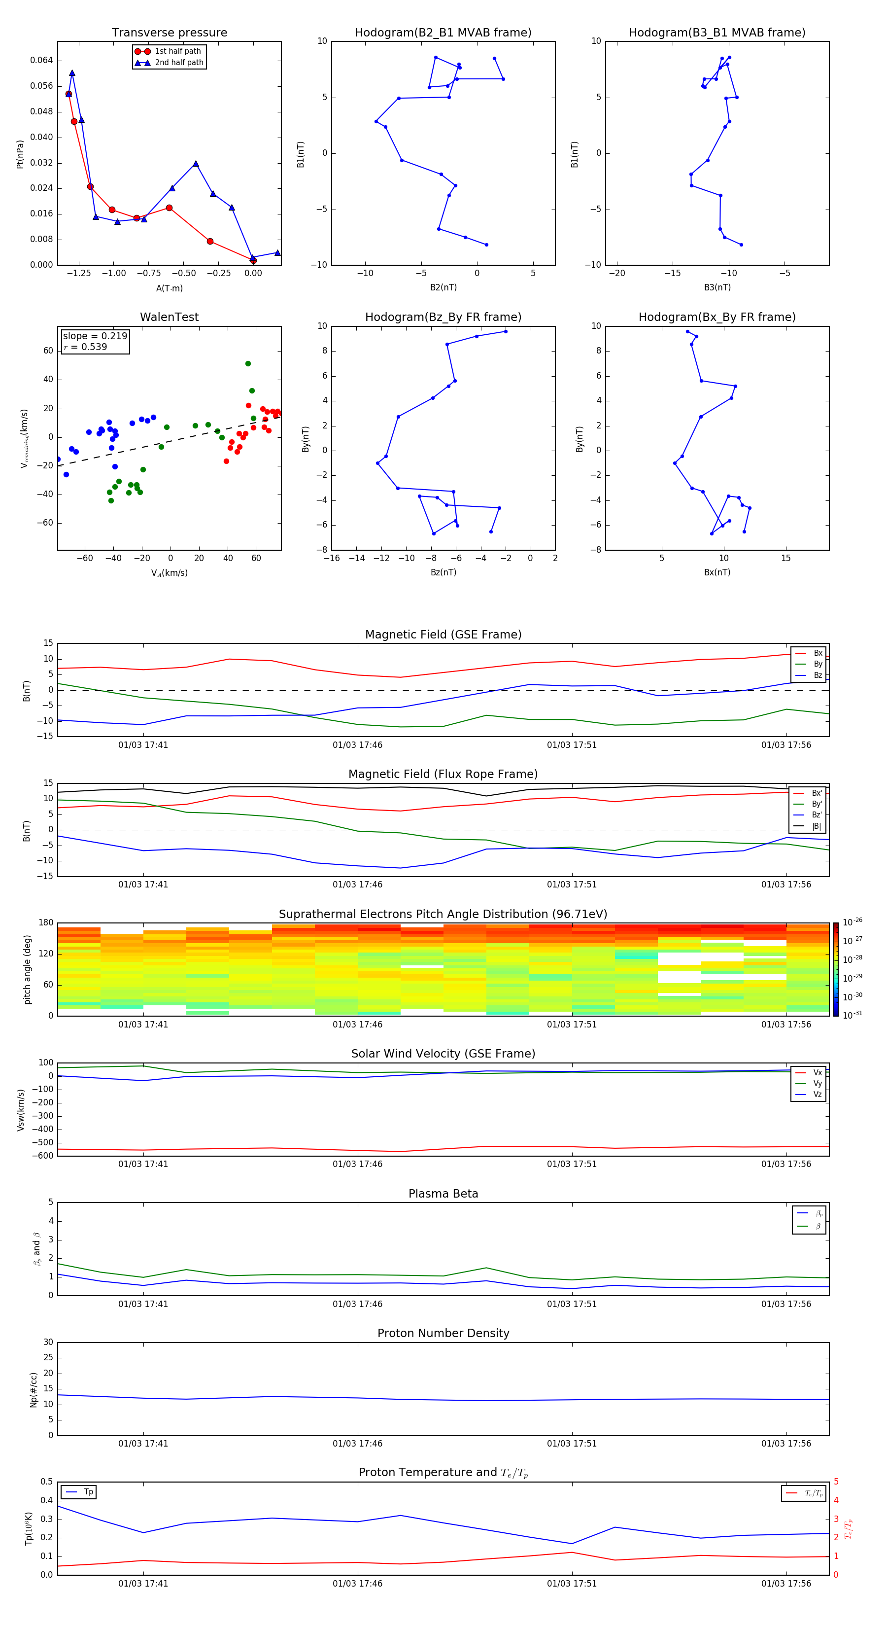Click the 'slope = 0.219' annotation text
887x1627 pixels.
click(95, 336)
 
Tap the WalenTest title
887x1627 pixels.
click(169, 317)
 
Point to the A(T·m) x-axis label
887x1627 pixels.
click(169, 288)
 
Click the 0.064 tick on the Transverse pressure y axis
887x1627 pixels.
click(42, 61)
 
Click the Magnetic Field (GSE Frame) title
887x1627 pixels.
click(443, 635)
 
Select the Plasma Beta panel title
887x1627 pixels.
click(443, 1194)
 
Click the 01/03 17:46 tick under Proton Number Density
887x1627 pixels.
click(357, 1443)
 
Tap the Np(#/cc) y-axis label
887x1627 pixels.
click(34, 1389)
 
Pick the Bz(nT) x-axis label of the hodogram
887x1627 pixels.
click(443, 572)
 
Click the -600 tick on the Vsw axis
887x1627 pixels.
click(43, 1156)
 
